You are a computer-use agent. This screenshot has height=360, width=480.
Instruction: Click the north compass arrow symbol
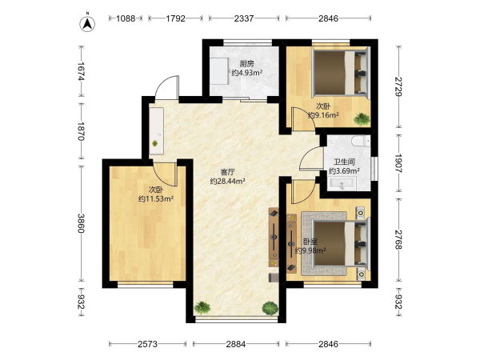87,23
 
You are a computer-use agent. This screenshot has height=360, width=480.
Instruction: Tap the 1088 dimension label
126,18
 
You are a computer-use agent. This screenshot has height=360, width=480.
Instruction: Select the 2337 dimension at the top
244,18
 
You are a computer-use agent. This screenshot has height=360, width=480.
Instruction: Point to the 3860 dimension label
81,223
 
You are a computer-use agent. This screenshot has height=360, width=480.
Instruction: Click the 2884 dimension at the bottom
236,344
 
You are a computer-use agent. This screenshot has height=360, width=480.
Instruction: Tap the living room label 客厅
227,172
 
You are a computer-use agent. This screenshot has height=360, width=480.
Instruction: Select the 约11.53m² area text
156,198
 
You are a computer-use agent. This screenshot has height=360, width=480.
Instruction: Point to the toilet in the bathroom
361,141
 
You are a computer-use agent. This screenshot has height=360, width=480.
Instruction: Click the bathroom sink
342,184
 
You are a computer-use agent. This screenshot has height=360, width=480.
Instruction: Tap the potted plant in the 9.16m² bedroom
362,118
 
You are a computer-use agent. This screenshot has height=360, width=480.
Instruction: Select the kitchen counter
219,71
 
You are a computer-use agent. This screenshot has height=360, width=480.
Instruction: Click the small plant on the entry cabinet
155,143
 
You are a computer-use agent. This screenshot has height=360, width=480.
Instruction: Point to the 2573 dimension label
147,344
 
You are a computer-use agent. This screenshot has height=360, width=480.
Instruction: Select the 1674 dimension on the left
81,71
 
